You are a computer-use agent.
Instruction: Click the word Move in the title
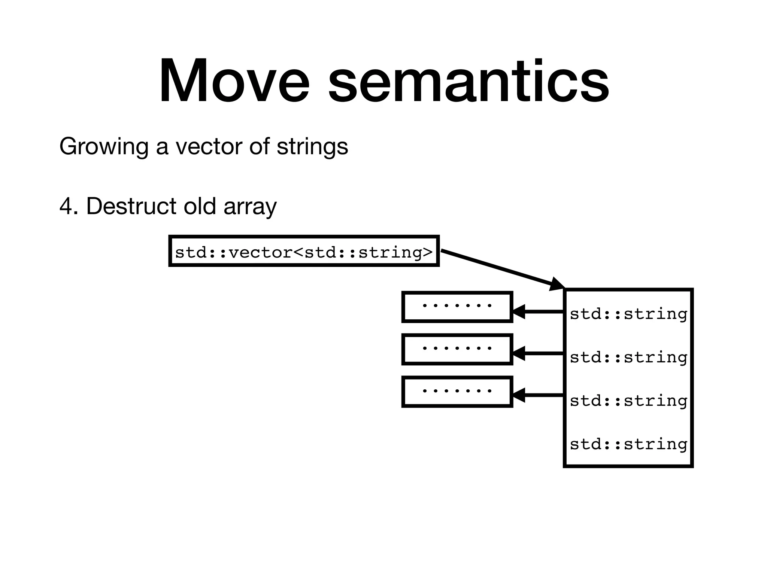click(234, 81)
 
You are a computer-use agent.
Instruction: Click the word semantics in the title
click(468, 81)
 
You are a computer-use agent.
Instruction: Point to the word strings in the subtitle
click(312, 147)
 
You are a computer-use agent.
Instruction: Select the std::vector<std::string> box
click(304, 251)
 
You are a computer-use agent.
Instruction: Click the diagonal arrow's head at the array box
click(557, 284)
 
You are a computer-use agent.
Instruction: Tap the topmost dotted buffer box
click(457, 307)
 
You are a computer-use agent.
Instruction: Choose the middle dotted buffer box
click(457, 349)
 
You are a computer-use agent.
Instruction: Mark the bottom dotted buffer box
click(457, 392)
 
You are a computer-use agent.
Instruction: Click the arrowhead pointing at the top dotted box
click(519, 311)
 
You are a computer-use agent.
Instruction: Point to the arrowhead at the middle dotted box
click(519, 353)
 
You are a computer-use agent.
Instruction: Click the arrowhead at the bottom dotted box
click(519, 395)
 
